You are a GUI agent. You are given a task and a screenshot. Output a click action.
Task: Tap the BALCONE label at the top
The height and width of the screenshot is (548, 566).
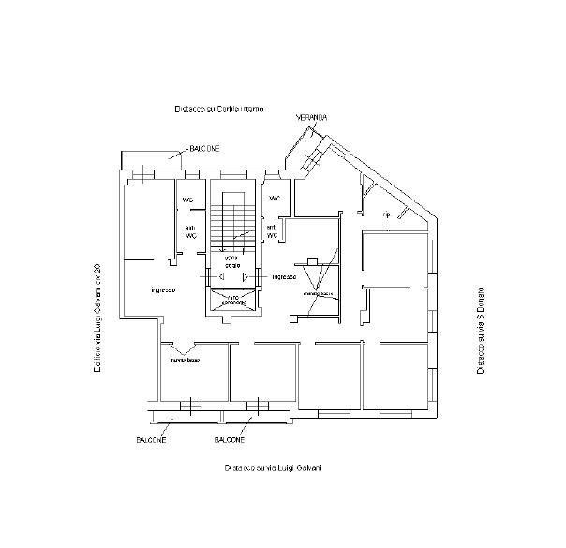click(204, 148)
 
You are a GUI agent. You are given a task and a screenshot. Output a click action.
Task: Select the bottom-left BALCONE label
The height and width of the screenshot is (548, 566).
click(150, 439)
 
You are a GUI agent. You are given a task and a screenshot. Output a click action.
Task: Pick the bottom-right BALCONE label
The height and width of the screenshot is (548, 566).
click(230, 439)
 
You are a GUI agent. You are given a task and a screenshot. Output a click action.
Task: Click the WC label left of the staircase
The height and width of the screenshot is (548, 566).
click(187, 200)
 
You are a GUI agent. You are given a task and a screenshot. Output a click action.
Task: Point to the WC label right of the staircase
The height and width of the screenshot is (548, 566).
click(276, 199)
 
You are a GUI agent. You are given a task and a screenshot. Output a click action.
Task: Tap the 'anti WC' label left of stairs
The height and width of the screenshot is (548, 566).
click(190, 231)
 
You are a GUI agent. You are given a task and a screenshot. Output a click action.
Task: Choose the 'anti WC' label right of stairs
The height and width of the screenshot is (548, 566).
click(272, 231)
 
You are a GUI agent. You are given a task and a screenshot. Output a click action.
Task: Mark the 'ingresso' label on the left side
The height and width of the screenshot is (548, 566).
click(163, 289)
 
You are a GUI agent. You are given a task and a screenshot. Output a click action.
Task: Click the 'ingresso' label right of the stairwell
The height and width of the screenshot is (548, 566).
click(284, 277)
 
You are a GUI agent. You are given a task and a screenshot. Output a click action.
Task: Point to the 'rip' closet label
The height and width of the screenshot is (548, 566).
click(385, 215)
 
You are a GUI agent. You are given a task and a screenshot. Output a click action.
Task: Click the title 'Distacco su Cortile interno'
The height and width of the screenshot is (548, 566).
click(218, 110)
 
